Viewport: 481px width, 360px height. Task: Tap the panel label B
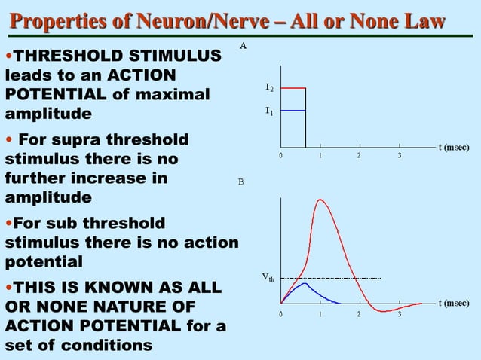coord(241,182)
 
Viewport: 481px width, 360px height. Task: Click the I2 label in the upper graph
coord(269,88)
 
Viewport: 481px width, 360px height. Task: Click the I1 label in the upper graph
coord(269,111)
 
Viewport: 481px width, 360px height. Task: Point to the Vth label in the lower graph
coord(268,278)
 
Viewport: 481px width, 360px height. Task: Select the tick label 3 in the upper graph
coord(400,156)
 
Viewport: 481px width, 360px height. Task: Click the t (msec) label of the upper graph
coord(455,148)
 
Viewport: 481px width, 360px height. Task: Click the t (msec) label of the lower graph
coord(455,304)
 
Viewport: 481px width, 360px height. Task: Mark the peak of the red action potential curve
coord(322,200)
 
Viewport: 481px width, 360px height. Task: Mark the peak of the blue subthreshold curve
coord(303,283)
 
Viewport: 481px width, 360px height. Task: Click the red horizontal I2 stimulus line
coord(293,88)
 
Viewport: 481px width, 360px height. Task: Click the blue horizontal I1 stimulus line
coord(293,111)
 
